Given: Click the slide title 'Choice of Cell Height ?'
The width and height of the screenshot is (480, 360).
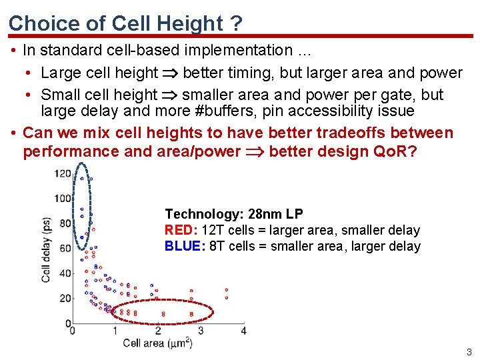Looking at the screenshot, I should (125, 23).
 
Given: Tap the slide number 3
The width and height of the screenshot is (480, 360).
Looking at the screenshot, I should (469, 352).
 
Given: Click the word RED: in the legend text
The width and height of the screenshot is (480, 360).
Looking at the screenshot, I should (179, 231).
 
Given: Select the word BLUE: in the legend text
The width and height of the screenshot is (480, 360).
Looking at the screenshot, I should (182, 247).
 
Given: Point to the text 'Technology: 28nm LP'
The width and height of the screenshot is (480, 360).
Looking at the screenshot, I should (234, 214).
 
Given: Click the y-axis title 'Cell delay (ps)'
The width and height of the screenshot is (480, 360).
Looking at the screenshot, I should (47, 248).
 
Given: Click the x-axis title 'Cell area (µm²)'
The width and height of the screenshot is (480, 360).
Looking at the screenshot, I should (159, 343).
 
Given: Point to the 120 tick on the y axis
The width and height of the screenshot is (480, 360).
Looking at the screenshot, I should (63, 174).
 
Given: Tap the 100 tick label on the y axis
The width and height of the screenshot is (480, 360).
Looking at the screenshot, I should (63, 199).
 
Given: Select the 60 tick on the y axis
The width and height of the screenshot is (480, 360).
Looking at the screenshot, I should (65, 249).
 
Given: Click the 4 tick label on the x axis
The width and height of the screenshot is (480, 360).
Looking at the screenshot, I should (243, 331).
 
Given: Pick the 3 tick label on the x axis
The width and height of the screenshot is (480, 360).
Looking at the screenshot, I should (201, 331).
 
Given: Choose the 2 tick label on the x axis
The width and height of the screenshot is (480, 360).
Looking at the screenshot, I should (158, 331).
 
